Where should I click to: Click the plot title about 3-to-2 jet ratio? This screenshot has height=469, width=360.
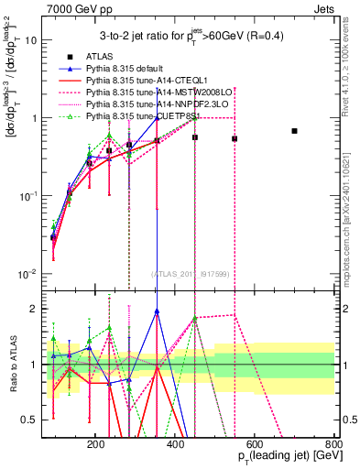(193, 36)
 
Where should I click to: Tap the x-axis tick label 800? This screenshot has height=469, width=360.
(334, 443)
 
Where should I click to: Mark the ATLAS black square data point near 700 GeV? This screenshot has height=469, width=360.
(294, 131)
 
